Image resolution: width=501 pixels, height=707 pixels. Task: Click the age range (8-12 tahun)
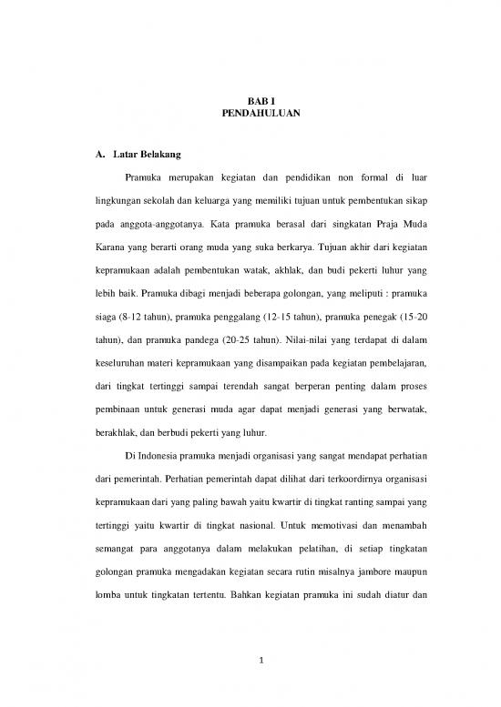pos(148,318)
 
